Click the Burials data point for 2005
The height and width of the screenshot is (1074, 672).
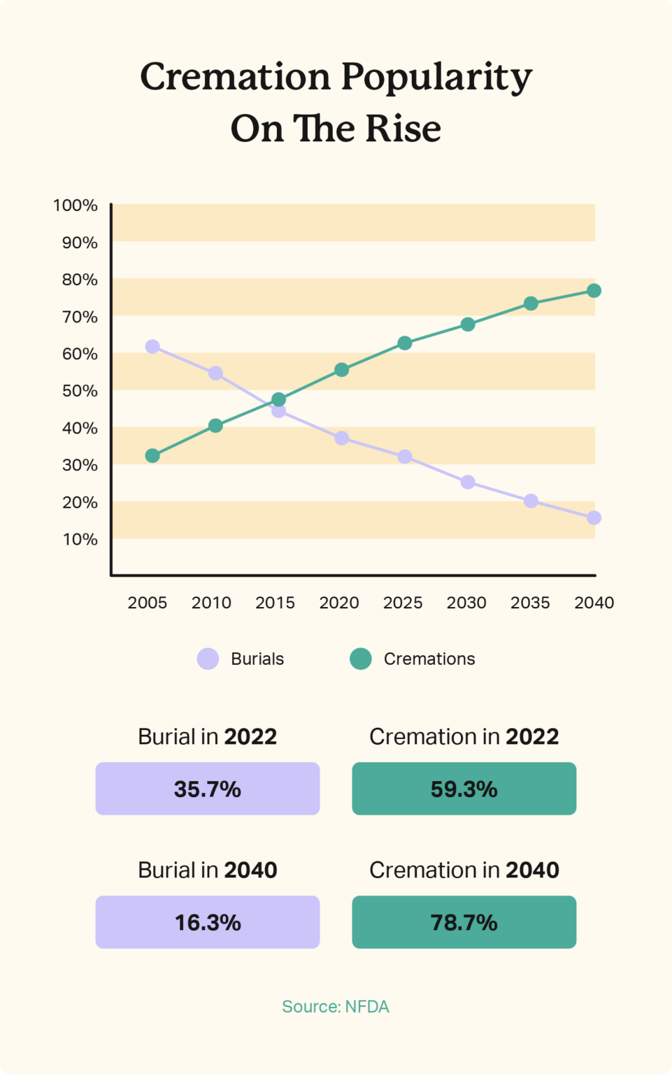point(152,347)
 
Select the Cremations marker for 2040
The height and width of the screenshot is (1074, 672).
point(594,291)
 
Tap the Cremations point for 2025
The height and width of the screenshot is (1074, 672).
point(405,343)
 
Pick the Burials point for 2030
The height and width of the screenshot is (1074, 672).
point(468,482)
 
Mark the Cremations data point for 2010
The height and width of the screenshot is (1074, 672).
point(215,426)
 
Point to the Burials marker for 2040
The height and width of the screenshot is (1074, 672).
point(594,518)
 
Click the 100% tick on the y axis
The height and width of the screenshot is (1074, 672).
point(76,206)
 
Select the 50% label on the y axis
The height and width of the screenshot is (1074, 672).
point(80,391)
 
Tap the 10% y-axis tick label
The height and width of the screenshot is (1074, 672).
point(80,540)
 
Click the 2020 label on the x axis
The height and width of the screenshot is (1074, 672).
point(339,603)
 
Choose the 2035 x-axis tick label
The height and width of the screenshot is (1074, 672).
point(530,603)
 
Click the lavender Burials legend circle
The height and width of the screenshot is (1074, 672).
point(208,659)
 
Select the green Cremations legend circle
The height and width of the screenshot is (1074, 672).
point(361,659)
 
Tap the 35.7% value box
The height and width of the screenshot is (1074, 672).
point(208,789)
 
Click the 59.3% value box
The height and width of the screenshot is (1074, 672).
point(464,789)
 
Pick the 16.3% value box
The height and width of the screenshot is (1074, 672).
point(208,922)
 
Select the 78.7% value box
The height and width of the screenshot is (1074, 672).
point(464,922)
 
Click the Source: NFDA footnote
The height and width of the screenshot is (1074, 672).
point(336,1007)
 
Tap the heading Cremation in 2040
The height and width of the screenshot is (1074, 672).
point(464,870)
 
